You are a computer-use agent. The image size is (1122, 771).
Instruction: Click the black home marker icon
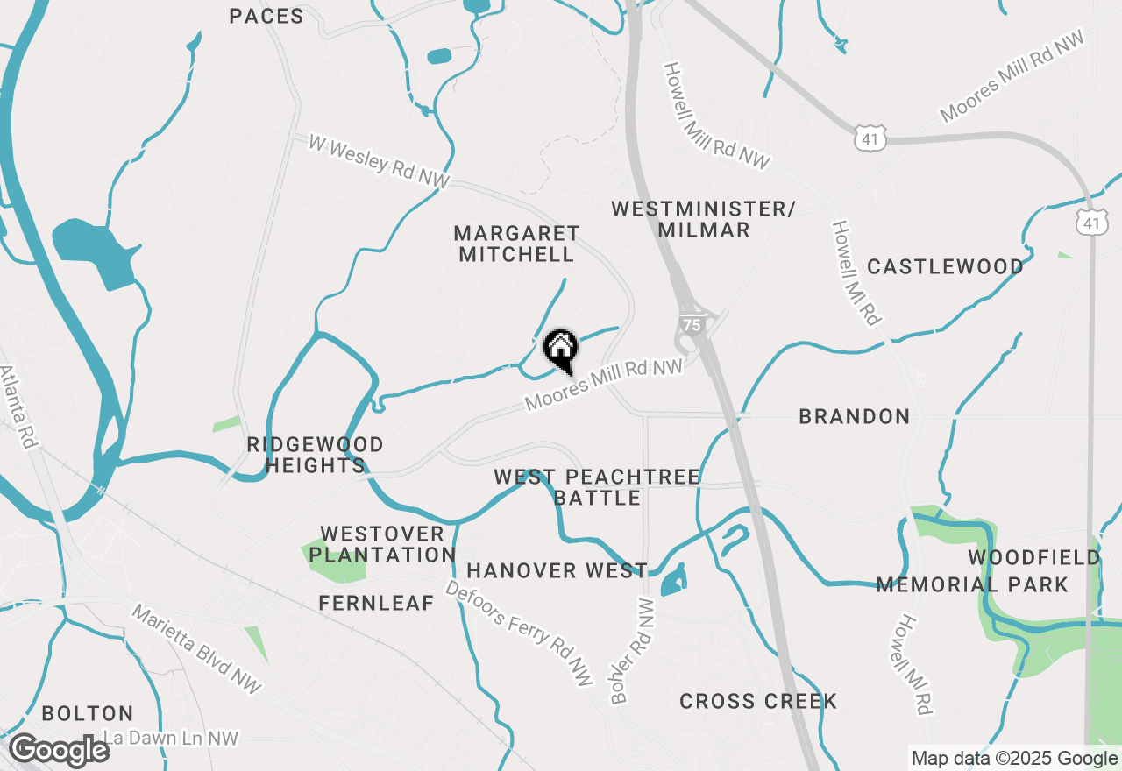[x=561, y=350]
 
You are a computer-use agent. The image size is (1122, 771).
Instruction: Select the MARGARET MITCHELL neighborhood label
[x=516, y=244]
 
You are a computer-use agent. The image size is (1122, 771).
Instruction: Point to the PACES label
[x=266, y=16]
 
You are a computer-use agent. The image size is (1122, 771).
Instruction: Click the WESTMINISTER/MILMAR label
[x=704, y=219]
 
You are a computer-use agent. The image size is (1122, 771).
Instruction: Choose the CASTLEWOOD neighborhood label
[x=945, y=266]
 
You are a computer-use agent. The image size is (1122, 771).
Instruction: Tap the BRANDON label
[x=854, y=416]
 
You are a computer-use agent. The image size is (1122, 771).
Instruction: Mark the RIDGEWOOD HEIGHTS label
[x=315, y=455]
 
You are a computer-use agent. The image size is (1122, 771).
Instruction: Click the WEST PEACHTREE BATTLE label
[x=597, y=487]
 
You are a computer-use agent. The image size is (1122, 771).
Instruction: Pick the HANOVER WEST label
[x=557, y=571]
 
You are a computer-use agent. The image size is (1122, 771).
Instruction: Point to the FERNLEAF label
[x=376, y=603]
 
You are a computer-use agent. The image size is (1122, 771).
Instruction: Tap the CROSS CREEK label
[x=758, y=701]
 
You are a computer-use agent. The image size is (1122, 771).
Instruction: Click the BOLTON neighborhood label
[x=88, y=713]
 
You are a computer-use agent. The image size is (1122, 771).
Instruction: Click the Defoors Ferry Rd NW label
[x=519, y=633]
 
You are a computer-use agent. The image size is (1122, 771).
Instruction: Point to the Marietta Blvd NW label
[x=196, y=648]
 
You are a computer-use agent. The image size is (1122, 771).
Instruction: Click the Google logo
[x=59, y=751]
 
